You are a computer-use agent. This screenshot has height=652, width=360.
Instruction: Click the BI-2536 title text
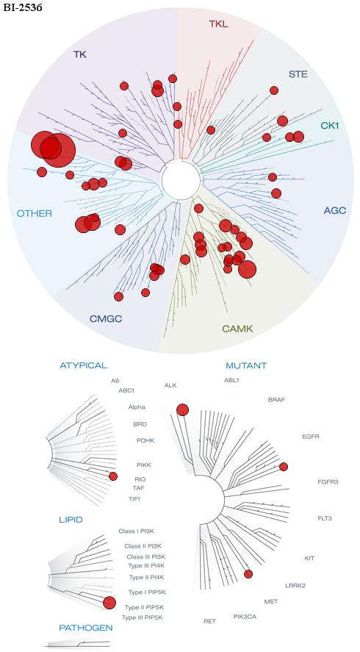click(x=23, y=7)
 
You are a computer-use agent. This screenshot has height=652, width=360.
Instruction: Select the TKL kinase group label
click(x=218, y=24)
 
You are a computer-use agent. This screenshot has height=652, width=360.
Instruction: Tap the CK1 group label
click(x=330, y=125)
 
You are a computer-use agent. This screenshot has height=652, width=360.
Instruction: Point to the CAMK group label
click(x=237, y=329)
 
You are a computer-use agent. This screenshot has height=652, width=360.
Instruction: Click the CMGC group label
click(x=106, y=319)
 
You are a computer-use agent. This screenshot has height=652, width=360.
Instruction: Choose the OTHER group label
click(x=35, y=214)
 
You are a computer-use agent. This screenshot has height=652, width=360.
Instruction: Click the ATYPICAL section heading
click(x=84, y=365)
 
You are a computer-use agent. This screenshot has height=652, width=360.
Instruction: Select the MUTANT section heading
click(x=246, y=366)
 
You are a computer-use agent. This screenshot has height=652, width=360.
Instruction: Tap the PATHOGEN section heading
click(x=86, y=628)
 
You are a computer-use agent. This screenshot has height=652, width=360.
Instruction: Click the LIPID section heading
click(x=71, y=520)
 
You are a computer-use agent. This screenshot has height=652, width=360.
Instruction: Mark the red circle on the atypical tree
click(x=113, y=476)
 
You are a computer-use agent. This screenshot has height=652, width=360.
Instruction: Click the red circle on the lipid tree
click(x=109, y=603)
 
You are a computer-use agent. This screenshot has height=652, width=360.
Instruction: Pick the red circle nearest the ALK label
click(x=182, y=410)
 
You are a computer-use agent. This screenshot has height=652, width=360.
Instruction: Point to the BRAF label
click(x=277, y=400)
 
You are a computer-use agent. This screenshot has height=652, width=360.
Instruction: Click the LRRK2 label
click(x=295, y=586)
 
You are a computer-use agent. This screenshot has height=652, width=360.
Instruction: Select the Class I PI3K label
click(x=137, y=531)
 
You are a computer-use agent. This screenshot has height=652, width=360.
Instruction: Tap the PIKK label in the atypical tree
click(x=143, y=465)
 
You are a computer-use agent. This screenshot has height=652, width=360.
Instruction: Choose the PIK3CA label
click(x=245, y=616)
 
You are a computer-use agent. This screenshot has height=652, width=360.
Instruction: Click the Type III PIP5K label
click(x=142, y=617)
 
